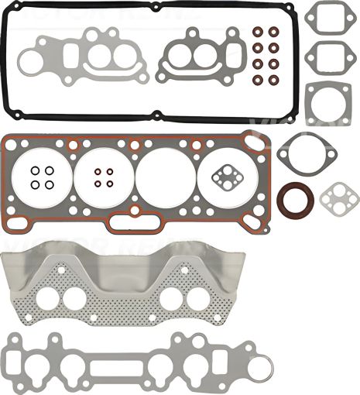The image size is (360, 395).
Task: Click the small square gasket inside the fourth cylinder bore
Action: click(226, 177)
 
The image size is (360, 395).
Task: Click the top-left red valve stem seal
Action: click(256, 33)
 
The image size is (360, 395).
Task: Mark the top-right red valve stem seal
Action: click(273, 33)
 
